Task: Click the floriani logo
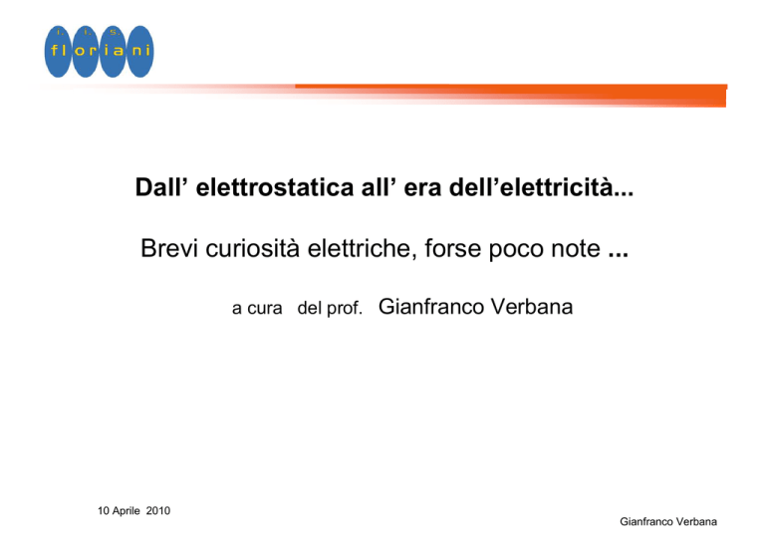tap(99, 51)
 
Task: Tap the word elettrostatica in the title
tap(275, 187)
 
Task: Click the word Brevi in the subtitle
tap(169, 248)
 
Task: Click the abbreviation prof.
tap(345, 308)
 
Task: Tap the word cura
tap(265, 309)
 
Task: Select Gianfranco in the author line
tap(431, 306)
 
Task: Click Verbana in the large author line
tap(532, 306)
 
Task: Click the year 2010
tap(158, 511)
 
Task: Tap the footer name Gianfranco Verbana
tap(668, 521)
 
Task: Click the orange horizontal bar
tap(510, 95)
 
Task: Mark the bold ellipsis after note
tap(619, 255)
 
